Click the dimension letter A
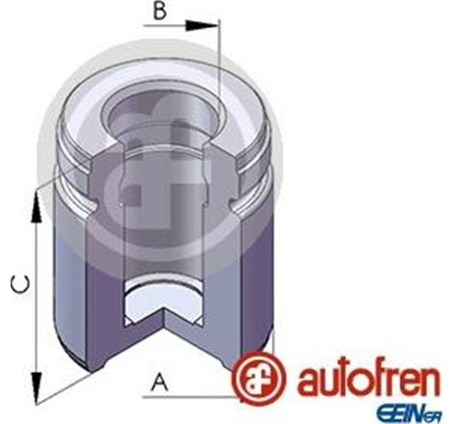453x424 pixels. click(156, 383)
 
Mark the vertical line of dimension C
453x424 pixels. click(37, 289)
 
